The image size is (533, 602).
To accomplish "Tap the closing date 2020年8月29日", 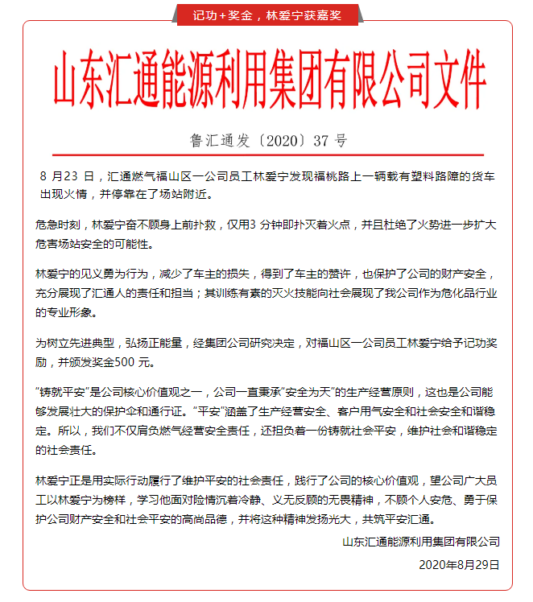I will tap(459, 564).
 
